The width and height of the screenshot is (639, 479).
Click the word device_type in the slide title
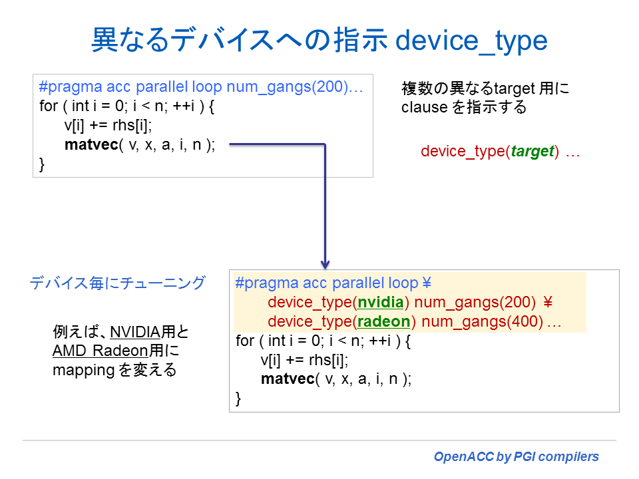pos(471,41)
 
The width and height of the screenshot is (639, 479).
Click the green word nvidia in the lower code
pos(381,303)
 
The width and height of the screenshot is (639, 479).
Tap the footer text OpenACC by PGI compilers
pos(516,457)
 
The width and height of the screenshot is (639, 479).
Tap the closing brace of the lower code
pos(239,398)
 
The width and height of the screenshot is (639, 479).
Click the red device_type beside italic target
pos(462,151)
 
